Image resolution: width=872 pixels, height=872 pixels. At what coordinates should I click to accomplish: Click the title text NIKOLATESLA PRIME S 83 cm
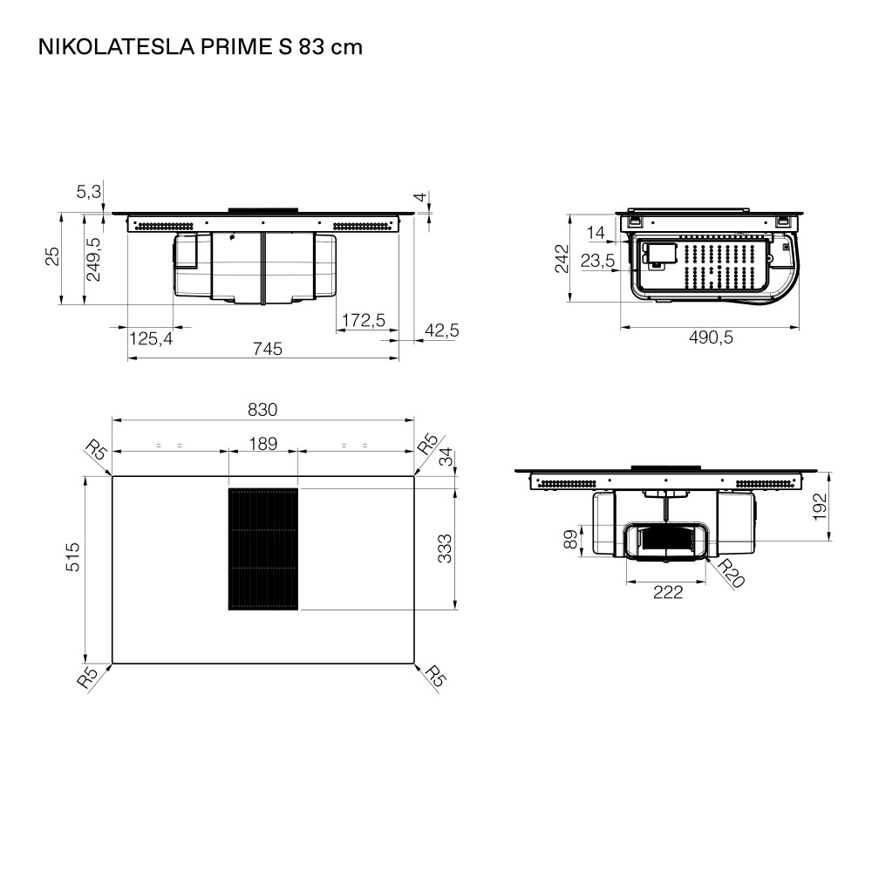(x=201, y=47)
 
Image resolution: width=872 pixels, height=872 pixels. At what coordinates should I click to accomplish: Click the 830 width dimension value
(x=262, y=410)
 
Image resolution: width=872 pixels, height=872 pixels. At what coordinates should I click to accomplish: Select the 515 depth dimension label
(x=73, y=556)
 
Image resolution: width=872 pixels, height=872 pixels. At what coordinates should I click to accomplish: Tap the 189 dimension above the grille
(x=263, y=444)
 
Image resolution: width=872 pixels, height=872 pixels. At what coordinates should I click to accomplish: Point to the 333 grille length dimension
(x=445, y=548)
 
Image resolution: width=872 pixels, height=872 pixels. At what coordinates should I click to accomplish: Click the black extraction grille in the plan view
(x=263, y=548)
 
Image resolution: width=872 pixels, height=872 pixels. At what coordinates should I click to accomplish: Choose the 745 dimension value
(x=268, y=349)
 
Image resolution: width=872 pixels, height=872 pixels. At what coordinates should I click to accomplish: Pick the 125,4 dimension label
(x=151, y=338)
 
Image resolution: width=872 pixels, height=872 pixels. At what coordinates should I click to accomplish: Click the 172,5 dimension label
(x=363, y=320)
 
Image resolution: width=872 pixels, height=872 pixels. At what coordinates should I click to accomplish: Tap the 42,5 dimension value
(x=442, y=330)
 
